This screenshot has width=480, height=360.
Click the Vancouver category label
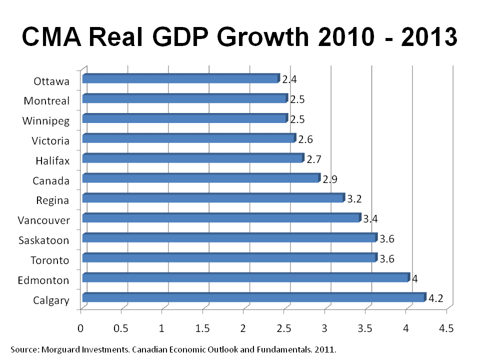[x=43, y=220]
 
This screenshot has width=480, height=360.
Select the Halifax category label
[x=52, y=160]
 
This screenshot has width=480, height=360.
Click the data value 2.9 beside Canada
[x=330, y=179]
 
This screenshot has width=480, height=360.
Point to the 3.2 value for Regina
[x=354, y=199]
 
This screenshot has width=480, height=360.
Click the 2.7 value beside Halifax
[x=313, y=159]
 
